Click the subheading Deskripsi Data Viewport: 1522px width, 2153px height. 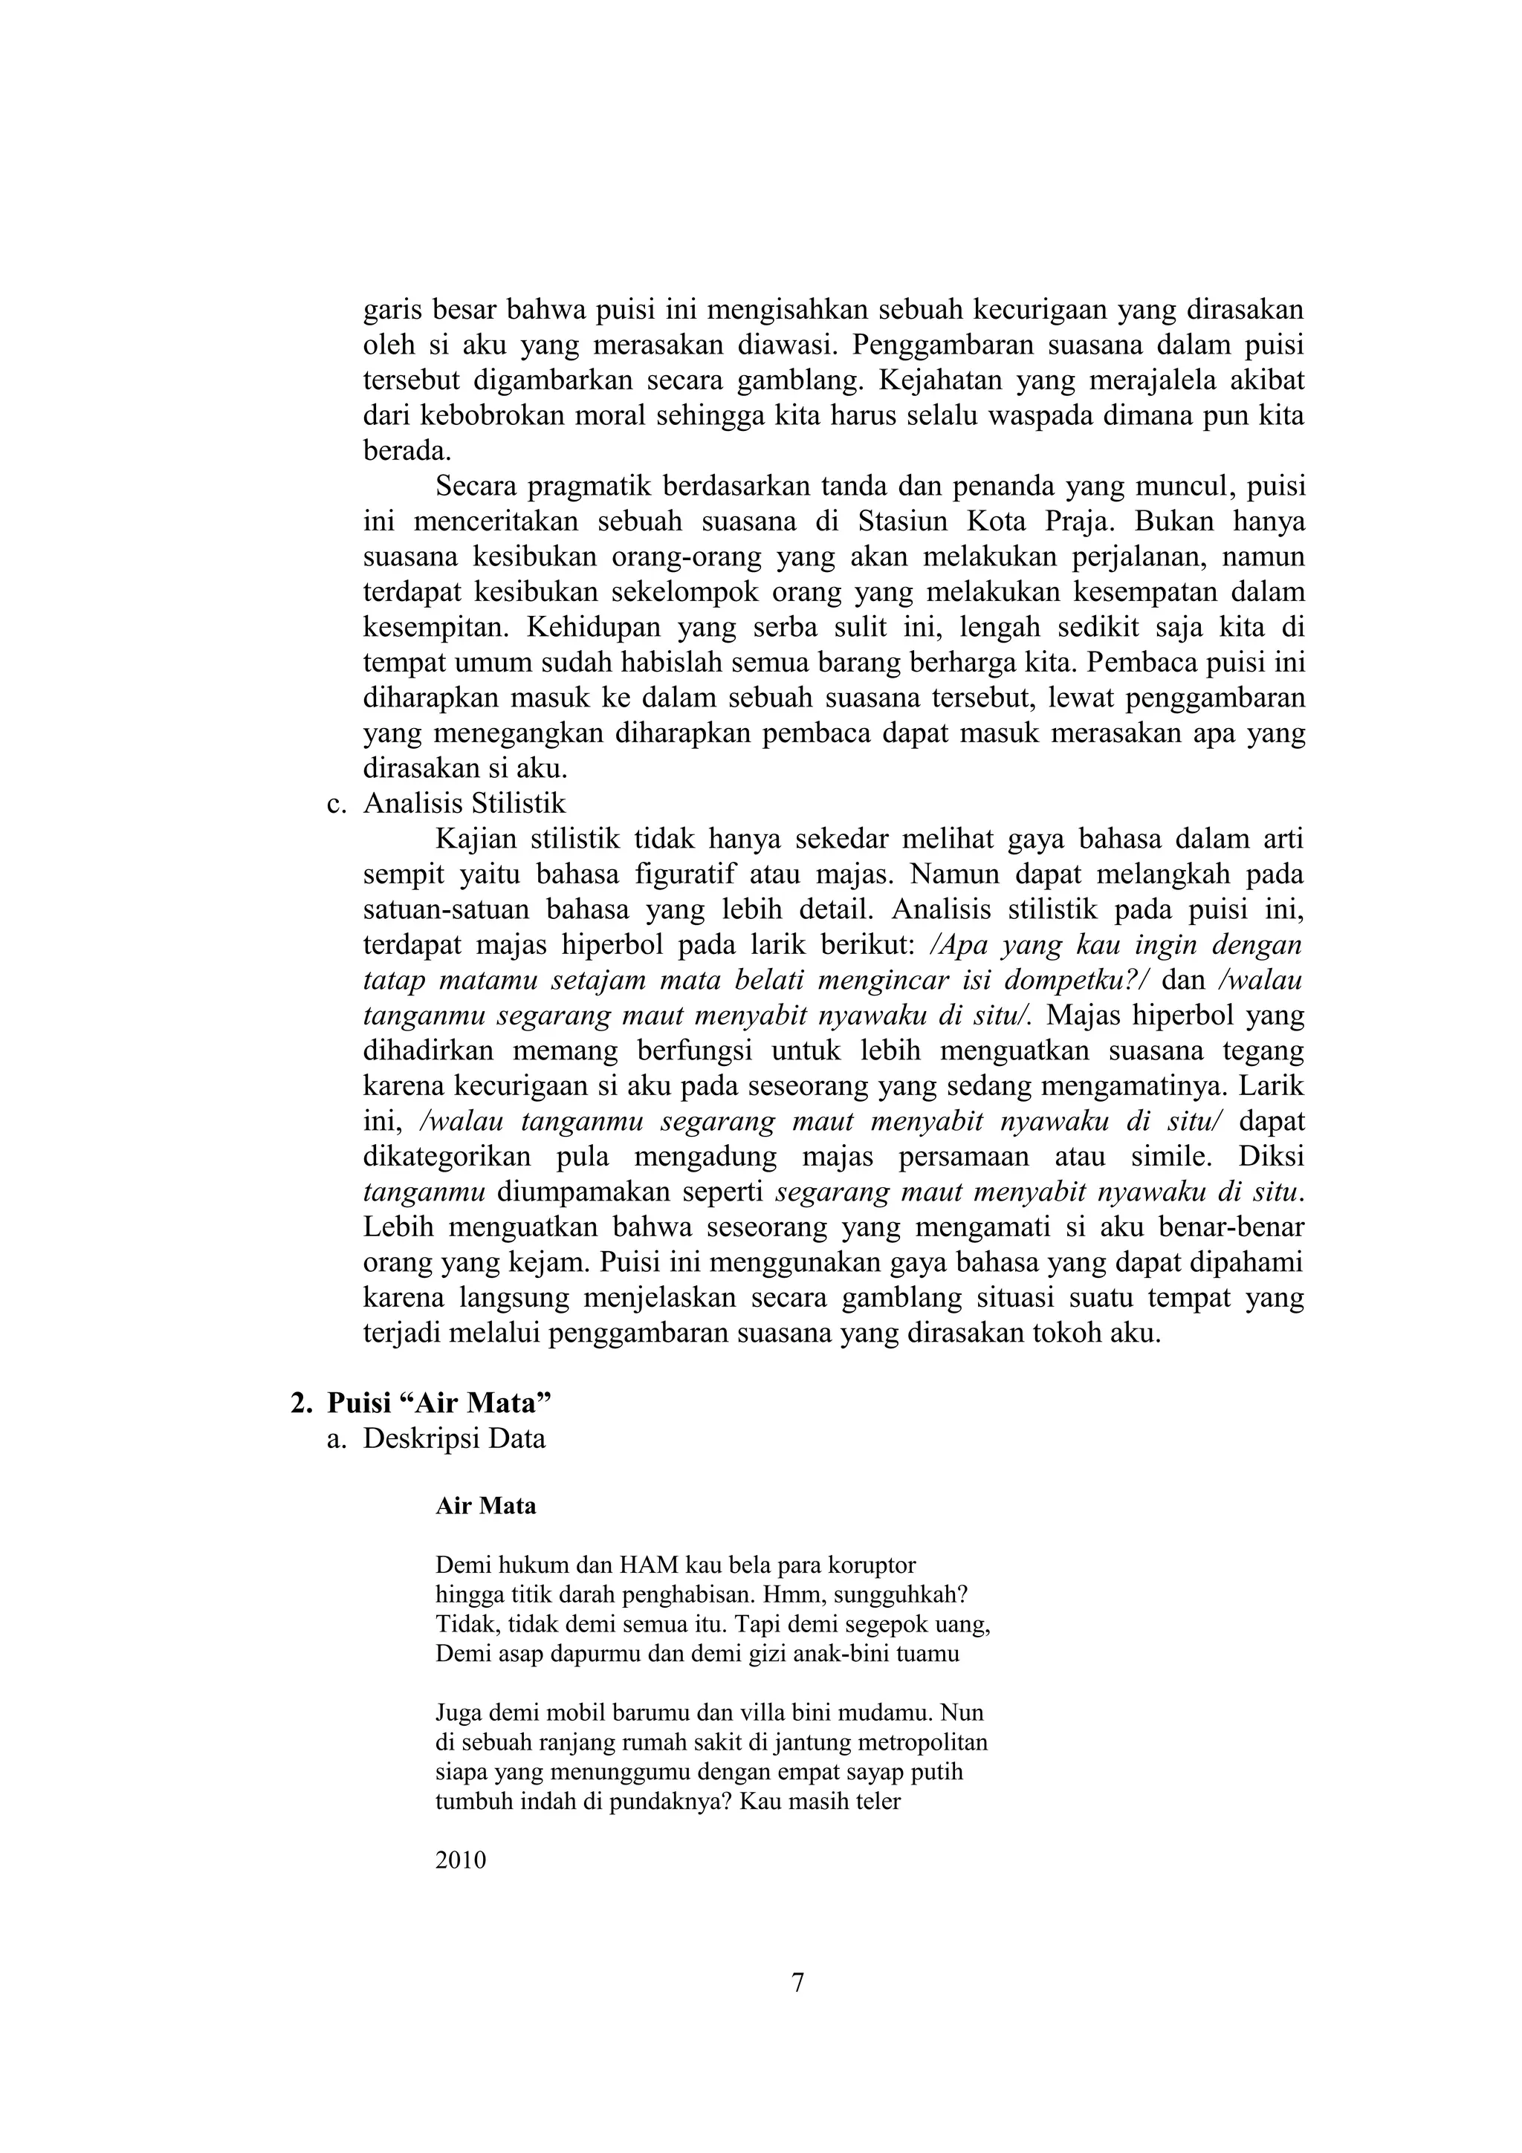click(454, 1438)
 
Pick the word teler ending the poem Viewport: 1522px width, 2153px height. click(878, 1802)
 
